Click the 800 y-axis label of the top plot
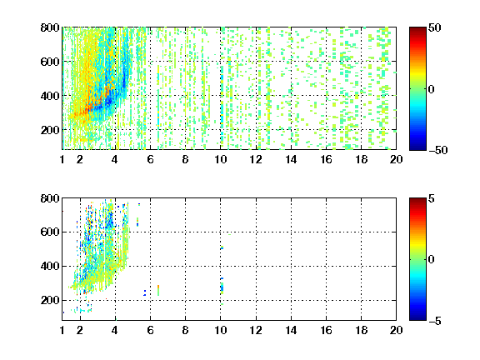click(x=50, y=27)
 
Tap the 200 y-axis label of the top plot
click(x=50, y=130)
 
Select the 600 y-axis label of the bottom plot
click(x=50, y=232)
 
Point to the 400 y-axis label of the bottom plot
click(x=50, y=266)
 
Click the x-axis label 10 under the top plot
click(x=220, y=159)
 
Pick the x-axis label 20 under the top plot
click(x=396, y=159)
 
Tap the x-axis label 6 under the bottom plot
click(x=150, y=330)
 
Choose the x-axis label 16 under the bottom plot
click(x=326, y=330)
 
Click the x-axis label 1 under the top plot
click(x=62, y=159)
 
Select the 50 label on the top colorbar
click(x=435, y=27)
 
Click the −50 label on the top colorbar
click(x=438, y=150)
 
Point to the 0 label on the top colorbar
click(x=432, y=89)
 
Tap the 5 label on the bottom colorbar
click(x=432, y=198)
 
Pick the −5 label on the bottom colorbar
click(x=435, y=321)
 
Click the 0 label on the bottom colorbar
click(x=432, y=260)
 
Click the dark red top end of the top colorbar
click(x=417, y=29)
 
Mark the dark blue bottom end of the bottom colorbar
click(x=417, y=318)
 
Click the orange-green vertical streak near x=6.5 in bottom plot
click(x=158, y=291)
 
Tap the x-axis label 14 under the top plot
click(x=291, y=159)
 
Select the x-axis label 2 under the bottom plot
click(x=80, y=330)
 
